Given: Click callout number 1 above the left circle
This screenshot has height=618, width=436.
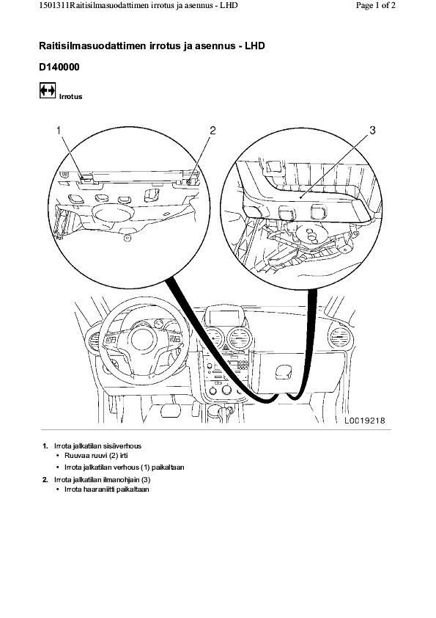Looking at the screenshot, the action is pyautogui.click(x=59, y=130).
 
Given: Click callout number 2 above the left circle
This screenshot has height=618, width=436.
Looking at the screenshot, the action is pyautogui.click(x=213, y=130).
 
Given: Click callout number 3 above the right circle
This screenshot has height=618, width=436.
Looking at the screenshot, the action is pyautogui.click(x=372, y=130).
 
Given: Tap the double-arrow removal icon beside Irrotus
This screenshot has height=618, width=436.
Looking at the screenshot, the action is pyautogui.click(x=48, y=91).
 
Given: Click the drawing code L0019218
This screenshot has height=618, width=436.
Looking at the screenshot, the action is pyautogui.click(x=365, y=421).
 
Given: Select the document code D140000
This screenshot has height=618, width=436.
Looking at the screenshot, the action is pyautogui.click(x=59, y=68).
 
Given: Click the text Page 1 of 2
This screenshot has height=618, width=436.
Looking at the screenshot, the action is pyautogui.click(x=375, y=6).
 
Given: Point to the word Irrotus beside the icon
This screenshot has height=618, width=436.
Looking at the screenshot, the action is pyautogui.click(x=71, y=97).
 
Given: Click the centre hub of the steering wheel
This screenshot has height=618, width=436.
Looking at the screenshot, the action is pyautogui.click(x=144, y=340).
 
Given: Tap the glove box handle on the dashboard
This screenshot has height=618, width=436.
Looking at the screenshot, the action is pyautogui.click(x=284, y=371).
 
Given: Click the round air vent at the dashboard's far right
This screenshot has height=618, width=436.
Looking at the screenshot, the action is pyautogui.click(x=341, y=338).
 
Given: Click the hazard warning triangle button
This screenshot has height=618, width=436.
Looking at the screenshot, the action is pyautogui.click(x=226, y=348).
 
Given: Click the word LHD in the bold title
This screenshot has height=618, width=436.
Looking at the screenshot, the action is pyautogui.click(x=254, y=46).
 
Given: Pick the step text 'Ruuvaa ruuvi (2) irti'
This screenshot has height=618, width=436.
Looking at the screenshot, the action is pyautogui.click(x=97, y=456).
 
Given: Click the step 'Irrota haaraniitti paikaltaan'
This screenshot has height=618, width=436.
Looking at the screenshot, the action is pyautogui.click(x=107, y=490).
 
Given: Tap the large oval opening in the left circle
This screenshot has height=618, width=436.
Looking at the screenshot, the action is pyautogui.click(x=113, y=214).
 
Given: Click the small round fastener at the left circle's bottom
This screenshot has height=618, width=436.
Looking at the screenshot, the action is pyautogui.click(x=127, y=238).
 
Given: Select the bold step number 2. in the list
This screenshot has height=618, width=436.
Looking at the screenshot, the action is pyautogui.click(x=45, y=480).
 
